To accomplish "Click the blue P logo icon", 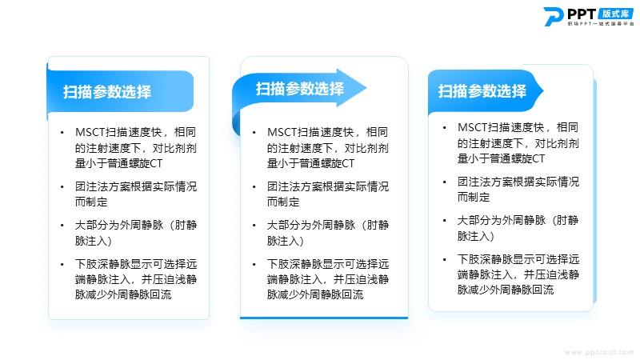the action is coord(554,17).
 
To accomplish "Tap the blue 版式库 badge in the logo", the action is coord(615,14).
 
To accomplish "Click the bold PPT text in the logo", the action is coord(582,14).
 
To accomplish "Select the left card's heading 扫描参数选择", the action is coord(107,92).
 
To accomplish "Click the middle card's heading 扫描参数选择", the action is coord(299,89).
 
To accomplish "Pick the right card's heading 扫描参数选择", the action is coord(482,91).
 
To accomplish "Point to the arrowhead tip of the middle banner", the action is coord(366,88).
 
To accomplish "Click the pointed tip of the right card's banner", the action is coord(543,90).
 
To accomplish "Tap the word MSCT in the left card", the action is coord(90,132).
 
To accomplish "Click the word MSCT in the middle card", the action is coord(282,132).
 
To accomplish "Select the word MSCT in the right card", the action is coord(473,127).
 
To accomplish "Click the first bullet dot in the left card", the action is coord(62,133).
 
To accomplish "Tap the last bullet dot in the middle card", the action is coord(254,265).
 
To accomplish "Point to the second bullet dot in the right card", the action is coord(445,182).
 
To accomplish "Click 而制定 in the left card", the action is coord(91,202).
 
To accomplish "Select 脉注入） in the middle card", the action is coord(286,241).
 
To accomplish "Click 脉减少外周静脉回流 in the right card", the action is coord(506,290).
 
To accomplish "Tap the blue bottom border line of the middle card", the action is coord(324,317).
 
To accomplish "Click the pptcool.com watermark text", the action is coord(599,352).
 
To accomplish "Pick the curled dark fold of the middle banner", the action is coord(236,126).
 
